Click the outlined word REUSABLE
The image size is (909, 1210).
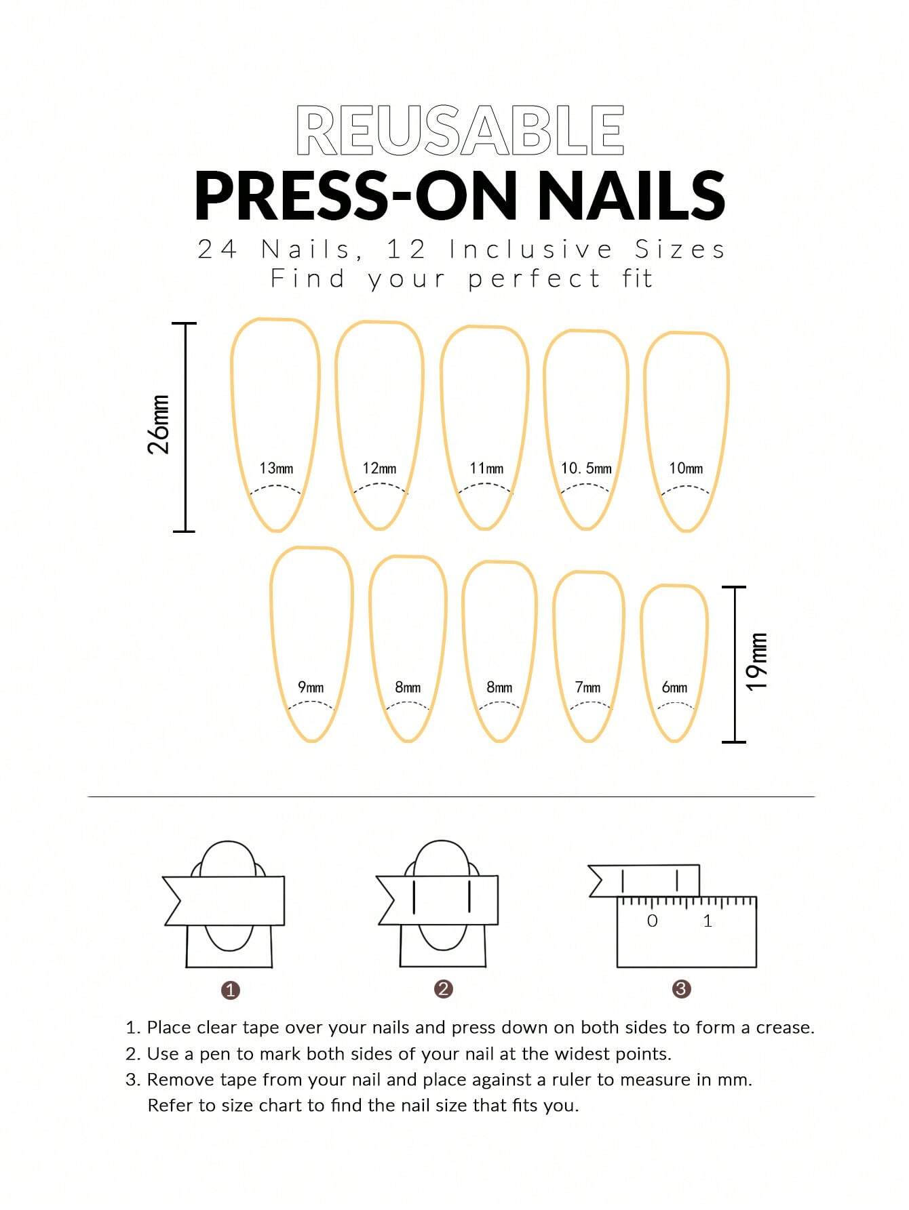click(460, 130)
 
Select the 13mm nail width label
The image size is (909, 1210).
click(276, 468)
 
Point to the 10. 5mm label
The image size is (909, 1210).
click(586, 468)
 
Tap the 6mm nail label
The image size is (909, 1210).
click(674, 687)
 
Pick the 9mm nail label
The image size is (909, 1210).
click(311, 687)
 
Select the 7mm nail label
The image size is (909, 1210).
click(587, 687)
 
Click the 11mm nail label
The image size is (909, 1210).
click(486, 468)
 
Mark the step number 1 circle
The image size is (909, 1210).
click(231, 990)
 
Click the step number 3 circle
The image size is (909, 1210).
click(681, 988)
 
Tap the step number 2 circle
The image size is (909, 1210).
click(443, 988)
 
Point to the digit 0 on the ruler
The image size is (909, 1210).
click(652, 921)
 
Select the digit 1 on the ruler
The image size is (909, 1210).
click(708, 921)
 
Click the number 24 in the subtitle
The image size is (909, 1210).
click(217, 249)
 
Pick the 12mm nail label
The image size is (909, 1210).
click(379, 468)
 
